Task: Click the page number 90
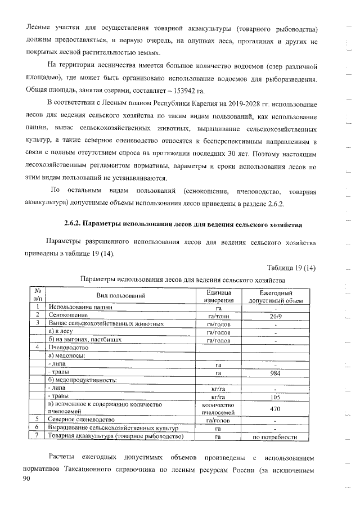26,478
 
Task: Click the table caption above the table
183,280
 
